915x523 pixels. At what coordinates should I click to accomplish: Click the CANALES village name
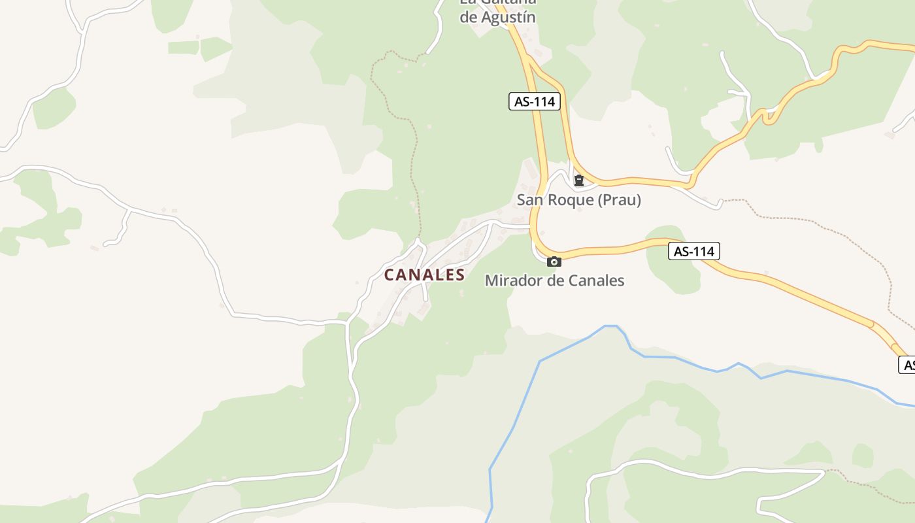(424, 275)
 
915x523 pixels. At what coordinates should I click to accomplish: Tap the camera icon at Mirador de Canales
(554, 262)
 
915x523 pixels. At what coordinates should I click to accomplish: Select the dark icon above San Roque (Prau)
(578, 180)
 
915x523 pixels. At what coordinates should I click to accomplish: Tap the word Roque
(567, 200)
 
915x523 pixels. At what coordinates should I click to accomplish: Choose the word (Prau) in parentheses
(618, 200)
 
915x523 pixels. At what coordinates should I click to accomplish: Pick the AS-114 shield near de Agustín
(535, 101)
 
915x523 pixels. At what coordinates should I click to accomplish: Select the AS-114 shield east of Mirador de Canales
(693, 251)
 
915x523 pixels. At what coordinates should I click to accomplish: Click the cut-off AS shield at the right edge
(907, 365)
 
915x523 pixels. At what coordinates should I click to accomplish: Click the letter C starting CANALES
(390, 275)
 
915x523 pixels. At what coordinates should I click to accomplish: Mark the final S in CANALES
(460, 275)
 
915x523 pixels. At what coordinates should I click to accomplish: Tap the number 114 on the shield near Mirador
(704, 251)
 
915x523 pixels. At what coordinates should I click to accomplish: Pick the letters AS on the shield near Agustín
(522, 101)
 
